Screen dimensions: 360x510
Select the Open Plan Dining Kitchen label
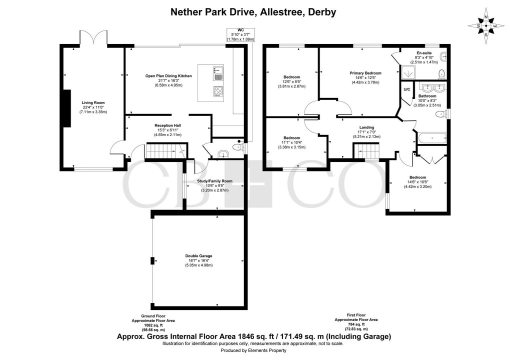coord(169,76)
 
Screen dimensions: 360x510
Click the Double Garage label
coord(198,256)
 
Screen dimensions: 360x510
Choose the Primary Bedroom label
coord(365,73)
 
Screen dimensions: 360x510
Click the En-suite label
coord(425,53)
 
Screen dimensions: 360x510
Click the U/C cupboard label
coord(406,89)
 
